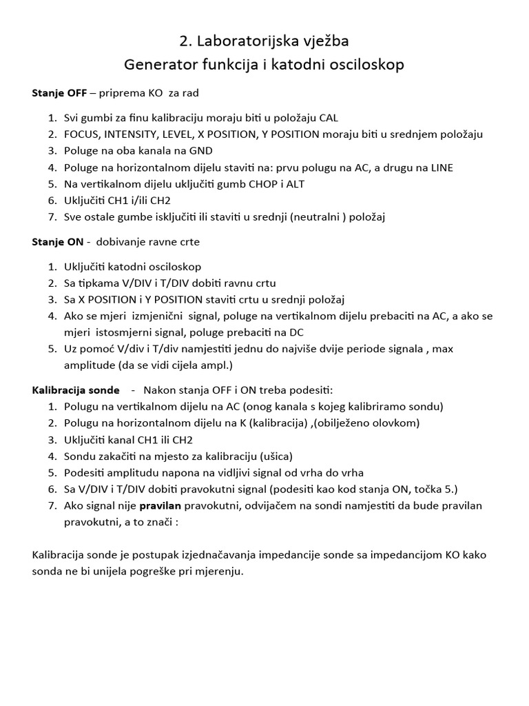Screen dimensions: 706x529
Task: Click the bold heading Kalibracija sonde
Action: [76, 390]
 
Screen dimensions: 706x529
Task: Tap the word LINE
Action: [438, 168]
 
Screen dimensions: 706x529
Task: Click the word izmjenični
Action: [154, 316]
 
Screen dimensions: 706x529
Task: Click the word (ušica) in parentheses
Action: [274, 456]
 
